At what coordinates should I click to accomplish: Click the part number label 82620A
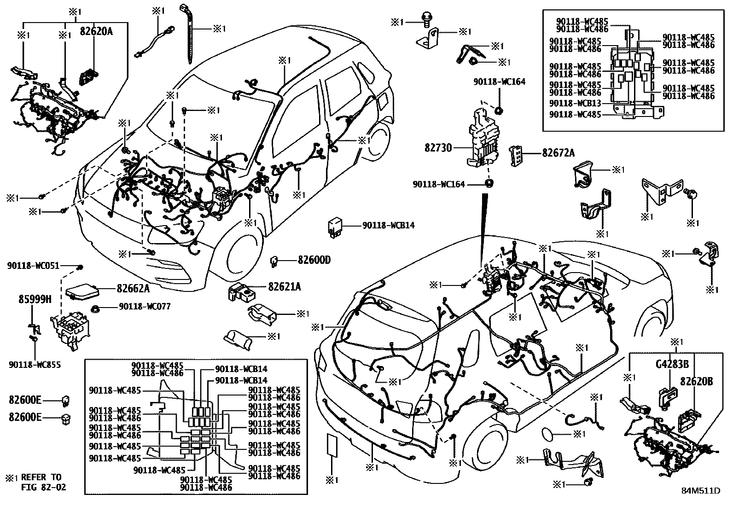[x=96, y=31]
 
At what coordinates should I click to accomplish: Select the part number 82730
[x=439, y=148]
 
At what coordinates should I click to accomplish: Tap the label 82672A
[x=558, y=153]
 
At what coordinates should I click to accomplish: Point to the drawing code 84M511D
[x=700, y=491]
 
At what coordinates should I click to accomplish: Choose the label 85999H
[x=29, y=299]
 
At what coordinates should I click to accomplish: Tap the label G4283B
[x=672, y=365]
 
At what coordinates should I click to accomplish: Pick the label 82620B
[x=696, y=381]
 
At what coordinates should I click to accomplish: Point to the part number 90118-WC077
[x=145, y=306]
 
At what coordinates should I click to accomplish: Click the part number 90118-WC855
[x=35, y=365]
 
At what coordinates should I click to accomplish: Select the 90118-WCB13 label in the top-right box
[x=575, y=103]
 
